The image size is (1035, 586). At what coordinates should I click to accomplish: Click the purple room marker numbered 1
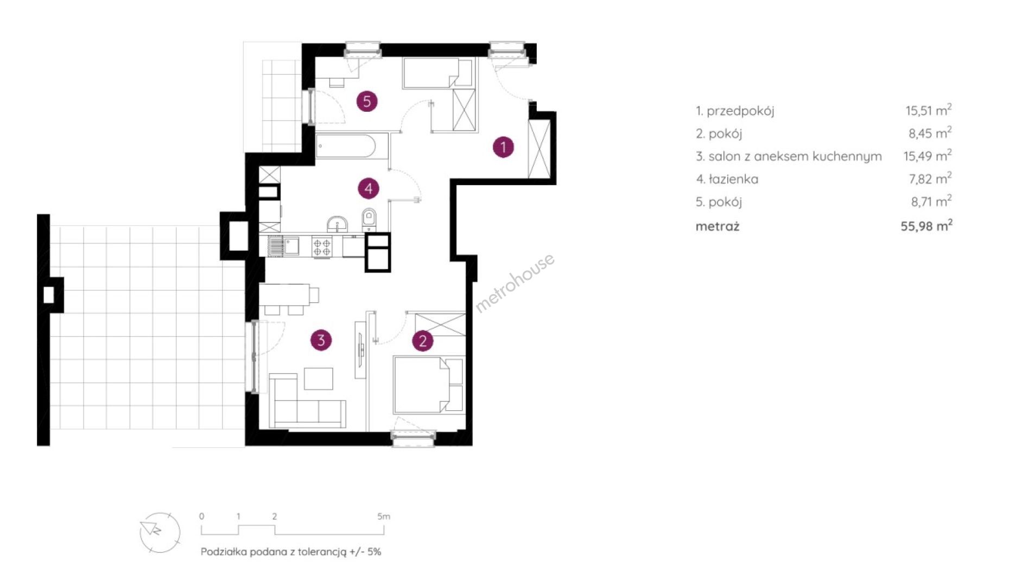click(503, 147)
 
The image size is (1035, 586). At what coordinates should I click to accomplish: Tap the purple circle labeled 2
click(423, 341)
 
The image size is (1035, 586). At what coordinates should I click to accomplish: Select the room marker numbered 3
click(321, 340)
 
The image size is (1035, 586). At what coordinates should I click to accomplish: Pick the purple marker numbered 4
click(369, 189)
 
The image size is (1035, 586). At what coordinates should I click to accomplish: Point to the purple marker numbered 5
click(367, 101)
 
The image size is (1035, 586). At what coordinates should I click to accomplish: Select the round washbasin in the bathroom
click(338, 224)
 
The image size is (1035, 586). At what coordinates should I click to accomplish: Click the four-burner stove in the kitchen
click(322, 247)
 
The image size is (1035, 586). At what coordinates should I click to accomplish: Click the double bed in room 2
click(429, 385)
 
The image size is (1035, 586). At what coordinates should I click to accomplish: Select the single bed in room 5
click(437, 73)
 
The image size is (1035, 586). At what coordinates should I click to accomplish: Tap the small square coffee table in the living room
click(318, 379)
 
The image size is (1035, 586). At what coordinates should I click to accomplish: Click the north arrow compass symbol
click(160, 532)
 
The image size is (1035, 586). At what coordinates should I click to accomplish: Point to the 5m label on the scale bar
click(384, 517)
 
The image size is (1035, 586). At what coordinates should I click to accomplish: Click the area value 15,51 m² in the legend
click(928, 110)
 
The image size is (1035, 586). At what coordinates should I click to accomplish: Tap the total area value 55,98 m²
click(926, 226)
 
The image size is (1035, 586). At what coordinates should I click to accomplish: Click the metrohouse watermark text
click(515, 283)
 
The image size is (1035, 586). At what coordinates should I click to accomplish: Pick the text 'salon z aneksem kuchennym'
click(795, 157)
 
